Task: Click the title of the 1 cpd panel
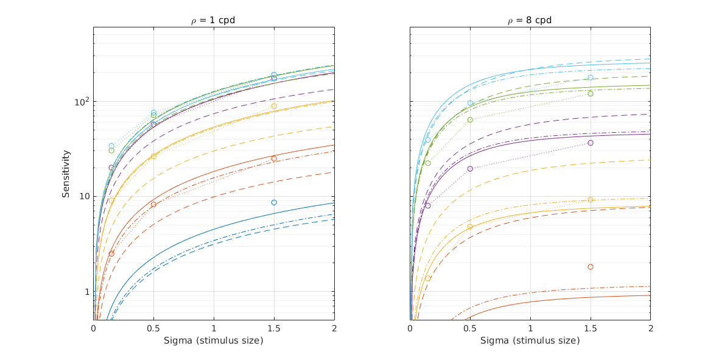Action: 213,20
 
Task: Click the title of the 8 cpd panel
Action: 530,20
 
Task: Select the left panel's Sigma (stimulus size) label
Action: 213,341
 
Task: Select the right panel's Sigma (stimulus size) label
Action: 530,341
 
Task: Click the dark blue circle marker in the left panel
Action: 274,202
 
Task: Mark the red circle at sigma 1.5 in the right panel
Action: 591,267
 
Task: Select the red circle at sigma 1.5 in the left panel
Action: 274,158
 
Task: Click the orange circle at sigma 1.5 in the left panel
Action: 274,106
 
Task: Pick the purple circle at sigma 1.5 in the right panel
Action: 591,143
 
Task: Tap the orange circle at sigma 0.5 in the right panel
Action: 470,227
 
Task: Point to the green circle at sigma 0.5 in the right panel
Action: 470,119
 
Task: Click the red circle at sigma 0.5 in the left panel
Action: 153,204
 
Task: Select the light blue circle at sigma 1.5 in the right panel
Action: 591,77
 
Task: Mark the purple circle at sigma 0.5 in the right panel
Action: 470,169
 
